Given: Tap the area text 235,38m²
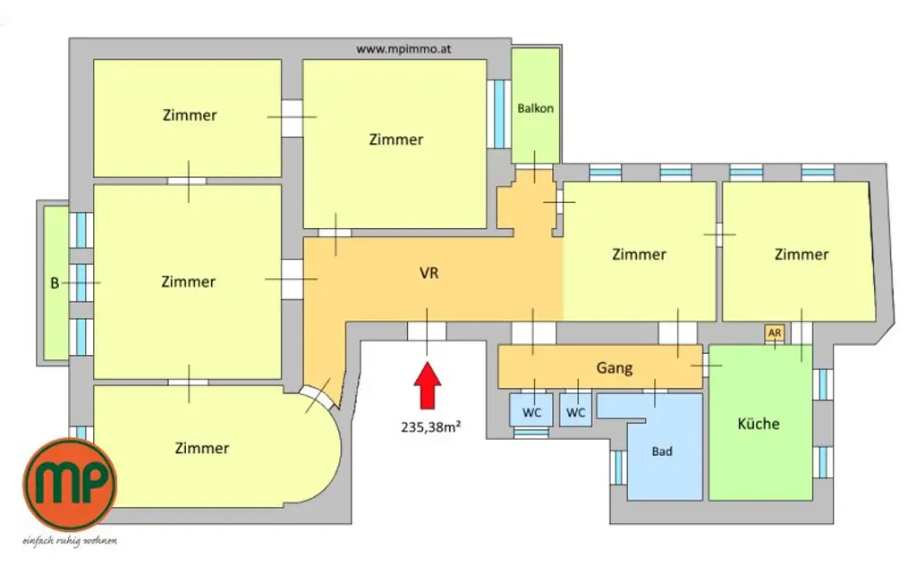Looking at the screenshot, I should (430, 427).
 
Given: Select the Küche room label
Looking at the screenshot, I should (759, 424).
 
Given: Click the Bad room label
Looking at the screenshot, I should (662, 451).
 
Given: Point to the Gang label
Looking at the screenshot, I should (615, 367).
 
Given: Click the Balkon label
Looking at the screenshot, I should (536, 108).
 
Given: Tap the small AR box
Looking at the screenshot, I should (775, 333).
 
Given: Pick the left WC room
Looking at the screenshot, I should (532, 412).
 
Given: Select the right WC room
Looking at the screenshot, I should (576, 412).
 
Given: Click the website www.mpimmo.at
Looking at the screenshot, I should (403, 50).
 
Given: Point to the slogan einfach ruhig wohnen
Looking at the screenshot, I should (69, 541).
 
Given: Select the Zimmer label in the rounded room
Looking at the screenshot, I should (202, 448).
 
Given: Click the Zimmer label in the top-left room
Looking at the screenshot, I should (190, 115).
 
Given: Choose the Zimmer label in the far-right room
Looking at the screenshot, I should (801, 254).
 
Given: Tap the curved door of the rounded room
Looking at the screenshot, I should (317, 396).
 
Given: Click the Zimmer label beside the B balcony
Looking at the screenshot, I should (188, 282).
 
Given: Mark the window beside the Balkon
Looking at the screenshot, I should (496, 114).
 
